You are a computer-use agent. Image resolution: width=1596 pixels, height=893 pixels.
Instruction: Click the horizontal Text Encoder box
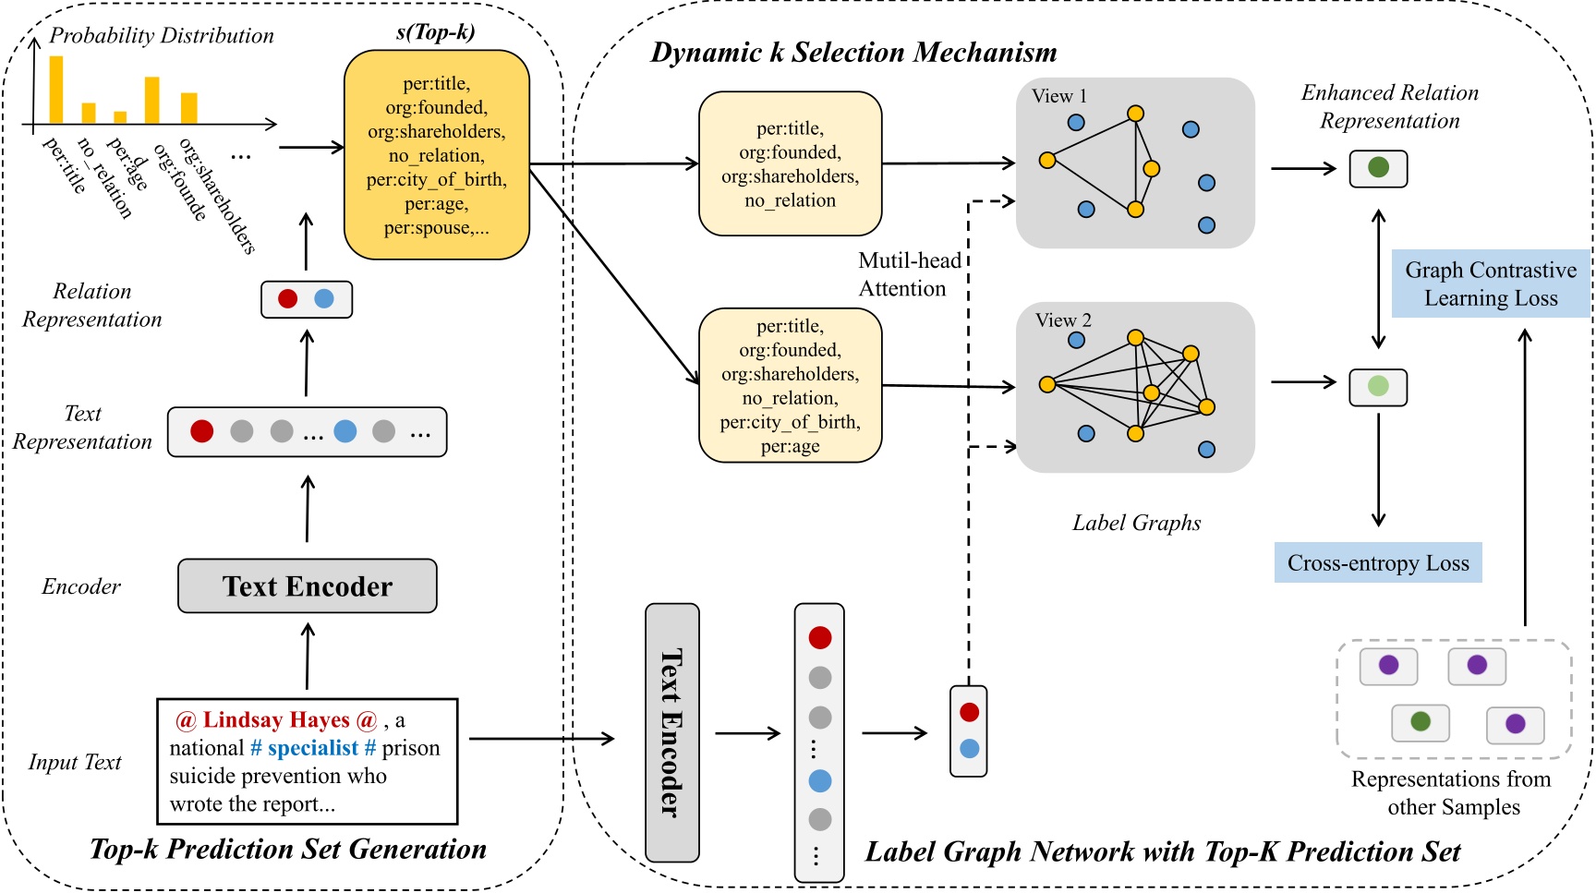tap(307, 585)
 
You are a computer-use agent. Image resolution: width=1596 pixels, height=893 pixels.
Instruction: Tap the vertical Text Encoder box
tap(671, 732)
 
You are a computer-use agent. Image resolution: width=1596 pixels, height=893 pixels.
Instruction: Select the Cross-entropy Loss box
tap(1377, 562)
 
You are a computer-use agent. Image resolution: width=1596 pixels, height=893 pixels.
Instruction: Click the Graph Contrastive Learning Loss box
tap(1490, 284)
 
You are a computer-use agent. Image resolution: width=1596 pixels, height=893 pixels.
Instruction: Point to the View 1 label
tap(1058, 96)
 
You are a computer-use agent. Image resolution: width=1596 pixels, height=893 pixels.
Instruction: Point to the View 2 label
tap(1063, 320)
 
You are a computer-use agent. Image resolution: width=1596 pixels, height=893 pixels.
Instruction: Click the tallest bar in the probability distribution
tap(56, 90)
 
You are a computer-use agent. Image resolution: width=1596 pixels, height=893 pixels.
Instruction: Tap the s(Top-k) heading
tap(435, 32)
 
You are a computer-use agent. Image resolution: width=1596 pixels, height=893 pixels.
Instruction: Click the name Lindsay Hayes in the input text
tap(276, 719)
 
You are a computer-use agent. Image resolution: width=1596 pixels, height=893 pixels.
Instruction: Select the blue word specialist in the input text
tap(312, 748)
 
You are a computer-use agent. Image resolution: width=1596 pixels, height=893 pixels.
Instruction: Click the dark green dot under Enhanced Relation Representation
tap(1378, 168)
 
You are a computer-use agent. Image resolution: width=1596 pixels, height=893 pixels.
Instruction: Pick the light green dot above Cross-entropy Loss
tap(1378, 386)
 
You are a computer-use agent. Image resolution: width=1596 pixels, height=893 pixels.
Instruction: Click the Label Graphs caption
tap(1136, 523)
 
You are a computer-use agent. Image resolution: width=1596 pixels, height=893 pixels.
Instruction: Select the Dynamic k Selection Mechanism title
tap(853, 53)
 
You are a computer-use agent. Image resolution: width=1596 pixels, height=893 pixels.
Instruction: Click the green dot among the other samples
tap(1421, 721)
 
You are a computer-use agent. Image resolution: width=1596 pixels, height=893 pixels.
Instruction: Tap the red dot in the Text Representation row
tap(201, 431)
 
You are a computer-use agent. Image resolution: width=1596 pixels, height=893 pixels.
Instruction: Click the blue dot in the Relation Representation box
tap(324, 299)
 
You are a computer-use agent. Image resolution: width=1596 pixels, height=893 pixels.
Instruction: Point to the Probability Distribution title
tap(162, 36)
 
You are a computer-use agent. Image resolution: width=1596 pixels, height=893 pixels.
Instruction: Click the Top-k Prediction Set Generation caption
tap(288, 849)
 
